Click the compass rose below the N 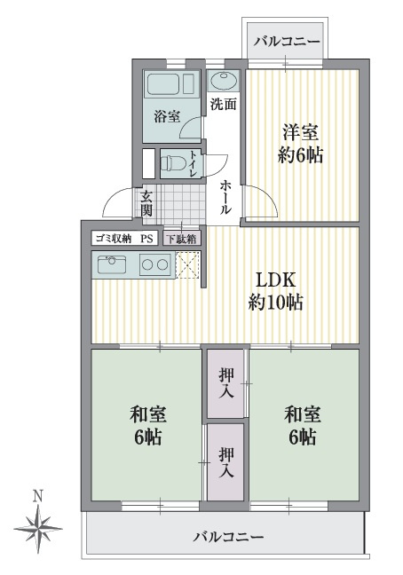(x=38, y=529)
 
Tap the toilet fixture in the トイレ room (x=172, y=163)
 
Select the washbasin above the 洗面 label (x=224, y=81)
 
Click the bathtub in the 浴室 (x=171, y=84)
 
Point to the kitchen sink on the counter (x=112, y=264)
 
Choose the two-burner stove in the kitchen (x=155, y=264)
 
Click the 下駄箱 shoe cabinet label (x=181, y=239)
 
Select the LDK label (x=275, y=280)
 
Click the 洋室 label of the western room (x=300, y=133)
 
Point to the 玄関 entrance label (x=146, y=203)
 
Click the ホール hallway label (x=225, y=197)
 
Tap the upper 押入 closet (x=225, y=383)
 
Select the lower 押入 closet (x=225, y=462)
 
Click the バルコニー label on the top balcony (x=287, y=41)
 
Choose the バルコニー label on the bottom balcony (x=228, y=537)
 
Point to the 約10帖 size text (x=275, y=303)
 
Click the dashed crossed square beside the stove (x=188, y=265)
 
